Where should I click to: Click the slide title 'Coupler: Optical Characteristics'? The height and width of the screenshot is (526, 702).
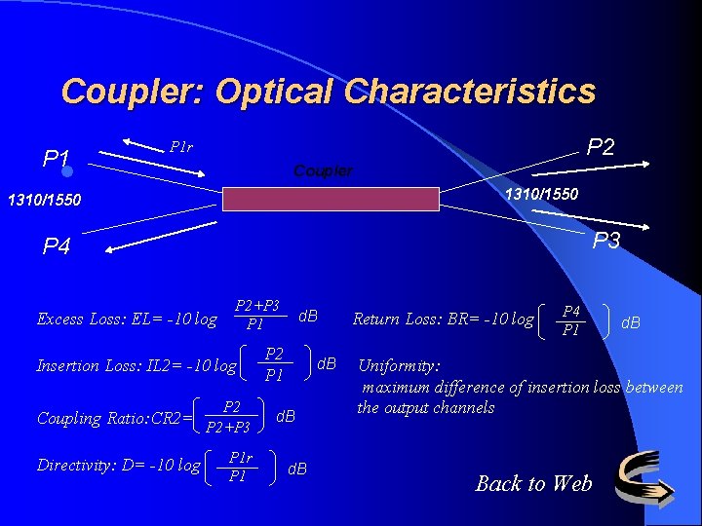[x=328, y=92]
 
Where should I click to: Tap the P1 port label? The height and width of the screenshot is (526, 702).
[x=56, y=158]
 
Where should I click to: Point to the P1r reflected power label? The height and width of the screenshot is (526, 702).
[x=181, y=147]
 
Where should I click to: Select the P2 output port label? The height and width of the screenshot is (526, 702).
[x=601, y=146]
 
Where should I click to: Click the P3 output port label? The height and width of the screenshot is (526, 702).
[x=606, y=241]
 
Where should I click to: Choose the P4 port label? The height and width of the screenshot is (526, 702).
[x=57, y=246]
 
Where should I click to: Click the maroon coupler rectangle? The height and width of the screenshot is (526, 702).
[x=331, y=199]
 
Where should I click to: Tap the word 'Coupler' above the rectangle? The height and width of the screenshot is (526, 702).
[x=323, y=170]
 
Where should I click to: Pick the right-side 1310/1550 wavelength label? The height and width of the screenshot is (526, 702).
[x=541, y=194]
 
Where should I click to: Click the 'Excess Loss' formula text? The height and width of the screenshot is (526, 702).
[x=127, y=319]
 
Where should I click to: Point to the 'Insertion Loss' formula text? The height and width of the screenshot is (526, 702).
[x=136, y=366]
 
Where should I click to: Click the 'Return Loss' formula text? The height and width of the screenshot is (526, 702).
[x=443, y=319]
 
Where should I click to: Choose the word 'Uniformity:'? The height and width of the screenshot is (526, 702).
[x=400, y=366]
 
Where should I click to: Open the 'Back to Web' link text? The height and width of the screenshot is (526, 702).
[x=533, y=483]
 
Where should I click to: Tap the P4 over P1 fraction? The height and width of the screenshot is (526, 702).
[x=571, y=319]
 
